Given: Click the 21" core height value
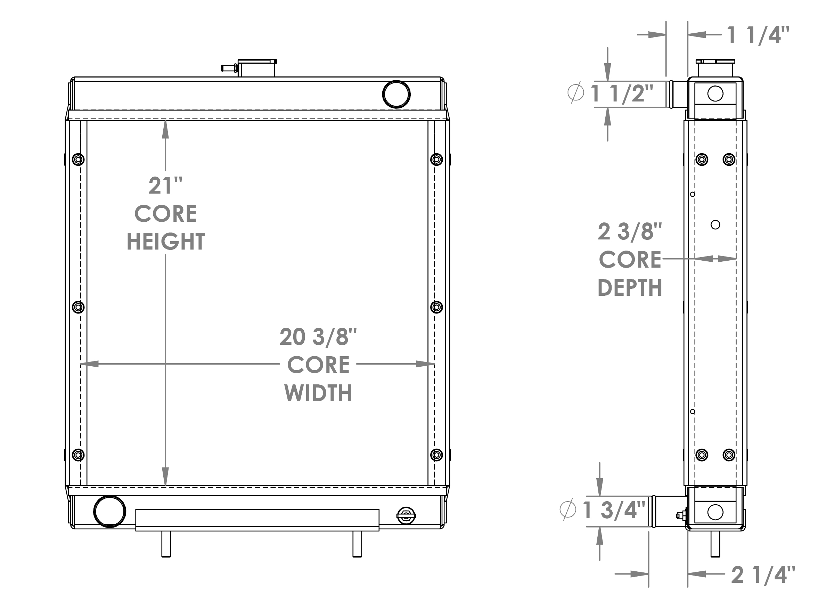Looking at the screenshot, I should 165,186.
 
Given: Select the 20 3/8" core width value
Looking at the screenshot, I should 318,337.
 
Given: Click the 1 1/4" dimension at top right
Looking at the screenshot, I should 758,35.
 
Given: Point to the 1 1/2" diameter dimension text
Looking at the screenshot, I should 622,93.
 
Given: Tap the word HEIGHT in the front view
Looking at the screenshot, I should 165,242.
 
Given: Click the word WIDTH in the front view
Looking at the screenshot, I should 318,393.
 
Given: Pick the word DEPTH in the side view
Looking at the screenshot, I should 630,288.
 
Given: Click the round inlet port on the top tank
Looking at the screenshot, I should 396,94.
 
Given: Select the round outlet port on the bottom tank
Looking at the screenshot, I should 110,511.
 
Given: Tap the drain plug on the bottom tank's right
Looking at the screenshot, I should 406,516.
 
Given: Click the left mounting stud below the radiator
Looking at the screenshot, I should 166,544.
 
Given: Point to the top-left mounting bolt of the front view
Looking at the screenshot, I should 78,159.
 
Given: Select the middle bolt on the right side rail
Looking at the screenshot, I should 436,307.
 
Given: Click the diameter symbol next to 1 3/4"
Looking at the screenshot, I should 568,510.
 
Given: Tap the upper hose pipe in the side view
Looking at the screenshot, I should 678,94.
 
